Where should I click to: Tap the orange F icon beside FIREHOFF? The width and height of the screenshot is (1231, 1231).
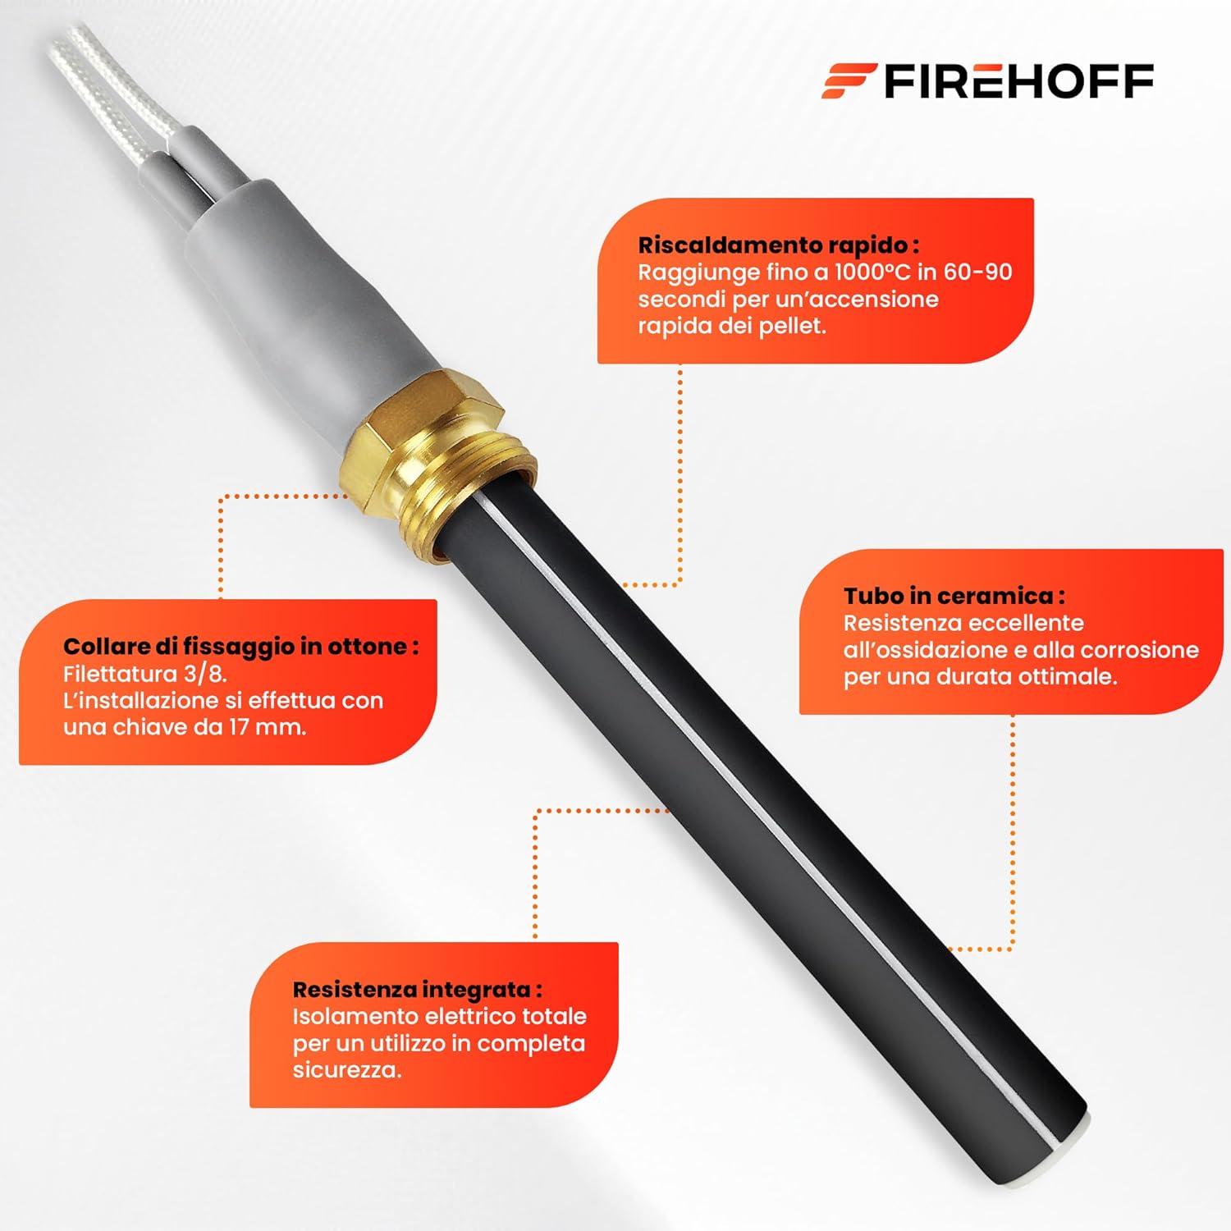pyautogui.click(x=849, y=81)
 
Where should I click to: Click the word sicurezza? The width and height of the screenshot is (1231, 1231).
pyautogui.click(x=346, y=1070)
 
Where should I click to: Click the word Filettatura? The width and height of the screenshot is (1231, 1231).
pyautogui.click(x=121, y=674)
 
